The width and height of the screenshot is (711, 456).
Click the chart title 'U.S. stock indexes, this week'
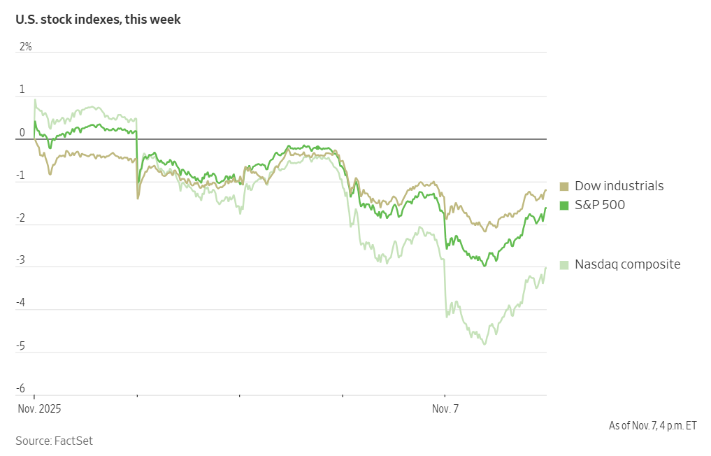point(98,20)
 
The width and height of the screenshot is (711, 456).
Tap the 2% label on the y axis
point(25,47)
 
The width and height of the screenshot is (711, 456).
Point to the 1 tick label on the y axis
point(22,90)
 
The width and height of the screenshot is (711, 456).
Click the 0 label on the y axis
point(22,132)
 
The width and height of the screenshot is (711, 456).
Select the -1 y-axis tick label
point(21,176)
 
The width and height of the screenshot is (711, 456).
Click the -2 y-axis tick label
point(21,218)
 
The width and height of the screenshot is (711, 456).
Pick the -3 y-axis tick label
point(21,261)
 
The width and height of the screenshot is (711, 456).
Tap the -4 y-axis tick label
point(21,304)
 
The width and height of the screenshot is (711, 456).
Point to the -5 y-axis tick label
point(21,346)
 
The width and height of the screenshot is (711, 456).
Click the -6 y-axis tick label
point(21,389)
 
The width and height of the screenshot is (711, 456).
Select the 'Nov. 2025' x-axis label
point(39,409)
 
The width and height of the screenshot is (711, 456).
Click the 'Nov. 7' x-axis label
point(445,409)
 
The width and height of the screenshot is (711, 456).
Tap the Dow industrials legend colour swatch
point(564,186)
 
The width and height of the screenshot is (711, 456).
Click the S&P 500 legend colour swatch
point(564,205)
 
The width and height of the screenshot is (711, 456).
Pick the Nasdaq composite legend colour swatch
point(564,264)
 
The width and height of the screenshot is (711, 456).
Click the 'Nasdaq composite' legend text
point(627,264)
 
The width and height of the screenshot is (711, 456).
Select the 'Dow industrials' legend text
point(619,186)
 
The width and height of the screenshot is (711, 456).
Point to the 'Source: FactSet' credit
point(54,441)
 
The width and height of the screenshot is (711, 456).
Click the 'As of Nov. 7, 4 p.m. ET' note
point(652,425)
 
